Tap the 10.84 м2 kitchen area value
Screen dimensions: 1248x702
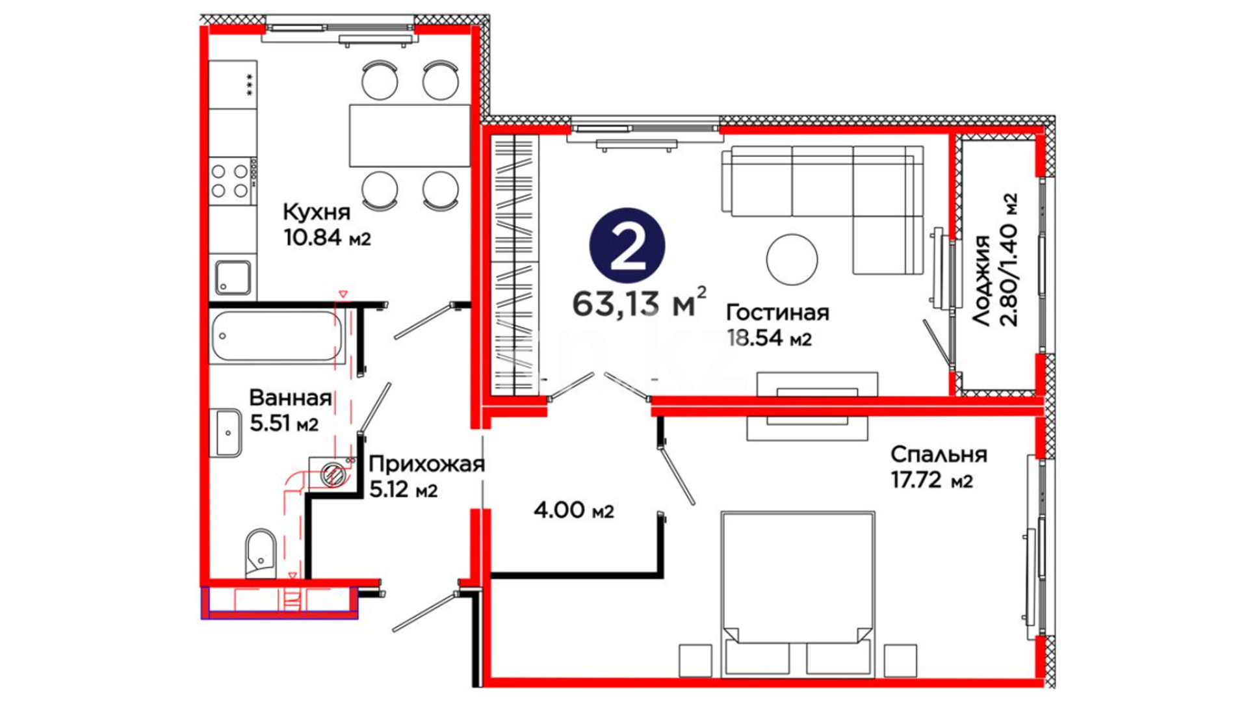327,237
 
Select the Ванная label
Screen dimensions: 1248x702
291,397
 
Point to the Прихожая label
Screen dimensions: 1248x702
426,464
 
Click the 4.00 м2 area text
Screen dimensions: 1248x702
573,510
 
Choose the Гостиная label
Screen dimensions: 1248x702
777,313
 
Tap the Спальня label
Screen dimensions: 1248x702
939,454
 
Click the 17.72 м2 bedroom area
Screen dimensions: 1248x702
931,480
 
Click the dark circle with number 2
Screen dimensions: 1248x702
627,246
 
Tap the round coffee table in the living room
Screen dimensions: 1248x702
792,259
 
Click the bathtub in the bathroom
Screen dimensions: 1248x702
276,336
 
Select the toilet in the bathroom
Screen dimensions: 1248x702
261,553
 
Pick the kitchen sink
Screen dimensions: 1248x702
233,278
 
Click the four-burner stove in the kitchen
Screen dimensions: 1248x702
230,181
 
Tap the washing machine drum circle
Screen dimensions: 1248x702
334,474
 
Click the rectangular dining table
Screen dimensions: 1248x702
409,136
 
